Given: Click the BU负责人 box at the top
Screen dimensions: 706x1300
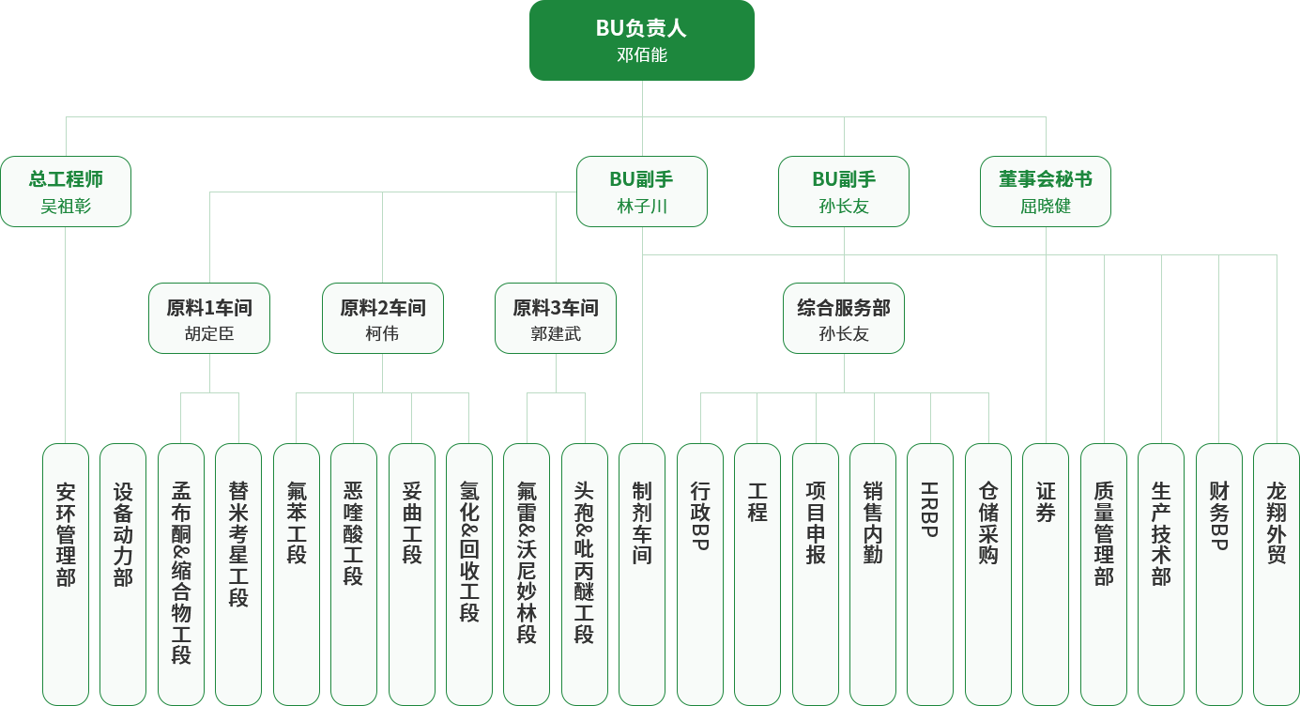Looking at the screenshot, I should (641, 39).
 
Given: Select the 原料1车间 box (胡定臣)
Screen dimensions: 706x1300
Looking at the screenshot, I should (209, 318).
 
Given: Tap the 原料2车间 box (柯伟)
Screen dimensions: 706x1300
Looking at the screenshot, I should (382, 318).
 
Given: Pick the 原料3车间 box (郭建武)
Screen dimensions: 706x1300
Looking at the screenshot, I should (556, 318).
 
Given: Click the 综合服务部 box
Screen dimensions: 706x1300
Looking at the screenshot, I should (844, 318).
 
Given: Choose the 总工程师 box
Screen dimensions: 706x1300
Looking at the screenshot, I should (66, 192).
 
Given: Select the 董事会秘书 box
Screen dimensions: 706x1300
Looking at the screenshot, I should (1046, 192).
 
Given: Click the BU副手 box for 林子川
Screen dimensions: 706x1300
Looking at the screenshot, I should (642, 192).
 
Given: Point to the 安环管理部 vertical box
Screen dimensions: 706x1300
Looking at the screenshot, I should (66, 574).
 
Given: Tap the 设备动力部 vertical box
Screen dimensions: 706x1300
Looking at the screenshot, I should (123, 574).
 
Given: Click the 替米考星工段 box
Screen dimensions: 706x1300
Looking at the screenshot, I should (238, 574).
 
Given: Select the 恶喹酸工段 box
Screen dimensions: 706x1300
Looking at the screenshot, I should (353, 574).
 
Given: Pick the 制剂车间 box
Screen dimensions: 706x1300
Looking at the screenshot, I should (642, 574).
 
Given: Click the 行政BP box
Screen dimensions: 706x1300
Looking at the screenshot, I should (700, 574).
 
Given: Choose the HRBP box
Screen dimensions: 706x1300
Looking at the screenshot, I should (930, 574).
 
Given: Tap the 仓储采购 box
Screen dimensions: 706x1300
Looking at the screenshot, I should (988, 574).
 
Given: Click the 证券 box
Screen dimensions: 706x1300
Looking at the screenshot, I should (1046, 574).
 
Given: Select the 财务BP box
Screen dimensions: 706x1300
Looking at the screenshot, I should (1219, 574).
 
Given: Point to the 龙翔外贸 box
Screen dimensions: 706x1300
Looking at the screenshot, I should (1277, 574).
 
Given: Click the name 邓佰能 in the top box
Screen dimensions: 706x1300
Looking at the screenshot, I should (642, 55).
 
